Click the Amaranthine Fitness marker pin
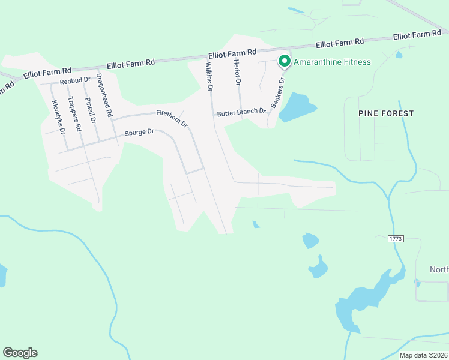pos(283,61)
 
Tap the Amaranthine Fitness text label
pos(331,62)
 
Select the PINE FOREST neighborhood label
pos(386,113)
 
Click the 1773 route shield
pos(395,239)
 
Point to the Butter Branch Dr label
pos(241,112)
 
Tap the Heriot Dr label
pos(238,74)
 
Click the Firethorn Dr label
pos(172,118)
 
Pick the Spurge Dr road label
pos(139,133)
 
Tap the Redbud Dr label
pos(74,80)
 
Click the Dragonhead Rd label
pos(104,95)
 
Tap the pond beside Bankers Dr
pos(297,107)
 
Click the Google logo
pos(20,353)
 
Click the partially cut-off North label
pos(439,269)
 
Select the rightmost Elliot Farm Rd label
pos(417,35)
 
